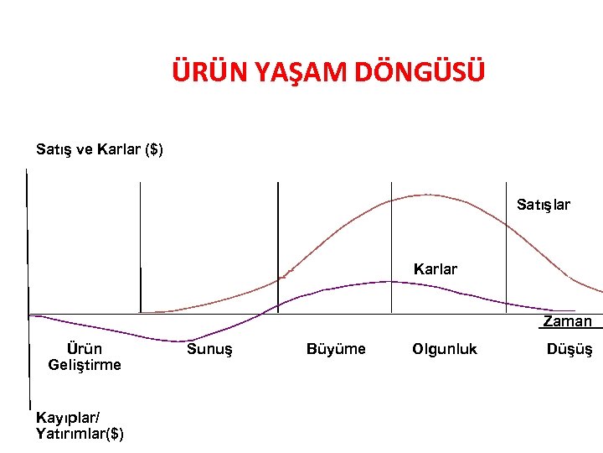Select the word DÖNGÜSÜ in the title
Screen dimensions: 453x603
(420, 73)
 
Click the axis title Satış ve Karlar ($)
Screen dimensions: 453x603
(100, 150)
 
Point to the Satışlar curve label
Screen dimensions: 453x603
(543, 204)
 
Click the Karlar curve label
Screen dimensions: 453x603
(435, 269)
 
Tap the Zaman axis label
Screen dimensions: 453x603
(567, 321)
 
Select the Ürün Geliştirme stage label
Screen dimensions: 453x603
(85, 357)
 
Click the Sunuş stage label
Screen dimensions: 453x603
(209, 349)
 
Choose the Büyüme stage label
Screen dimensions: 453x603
(336, 349)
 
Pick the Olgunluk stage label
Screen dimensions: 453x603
(445, 349)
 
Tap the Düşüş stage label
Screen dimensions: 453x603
(569, 349)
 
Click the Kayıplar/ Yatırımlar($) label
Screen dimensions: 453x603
(80, 425)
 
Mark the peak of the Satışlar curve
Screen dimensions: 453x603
(425, 195)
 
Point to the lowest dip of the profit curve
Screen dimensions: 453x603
(178, 341)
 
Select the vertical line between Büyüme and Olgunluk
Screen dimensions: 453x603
(391, 235)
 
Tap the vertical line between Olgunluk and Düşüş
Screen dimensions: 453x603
(506, 243)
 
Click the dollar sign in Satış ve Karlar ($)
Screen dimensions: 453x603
(153, 150)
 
